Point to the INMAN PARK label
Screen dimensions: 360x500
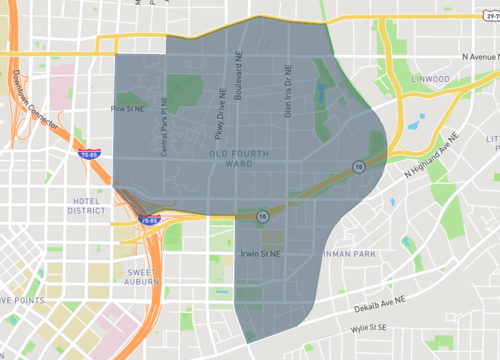pos(349,254)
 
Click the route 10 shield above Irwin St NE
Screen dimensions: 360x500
pos(261,214)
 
